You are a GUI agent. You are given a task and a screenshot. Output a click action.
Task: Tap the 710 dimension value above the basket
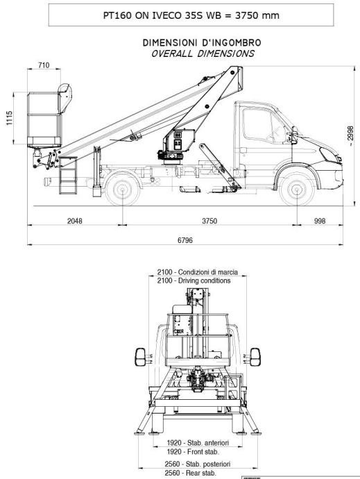[44, 65]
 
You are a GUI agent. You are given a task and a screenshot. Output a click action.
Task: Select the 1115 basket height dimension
[10, 118]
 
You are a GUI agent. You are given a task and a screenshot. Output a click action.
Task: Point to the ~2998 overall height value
[350, 135]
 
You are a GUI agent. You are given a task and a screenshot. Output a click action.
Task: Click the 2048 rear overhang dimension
[74, 221]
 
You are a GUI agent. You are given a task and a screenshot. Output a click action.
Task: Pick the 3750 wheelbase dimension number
[209, 221]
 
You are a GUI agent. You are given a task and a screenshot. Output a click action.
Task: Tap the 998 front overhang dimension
[320, 221]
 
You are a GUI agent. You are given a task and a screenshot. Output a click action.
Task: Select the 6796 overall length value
[185, 240]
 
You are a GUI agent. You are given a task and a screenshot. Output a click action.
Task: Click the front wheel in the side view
[297, 190]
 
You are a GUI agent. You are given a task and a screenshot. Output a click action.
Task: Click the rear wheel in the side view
[123, 190]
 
